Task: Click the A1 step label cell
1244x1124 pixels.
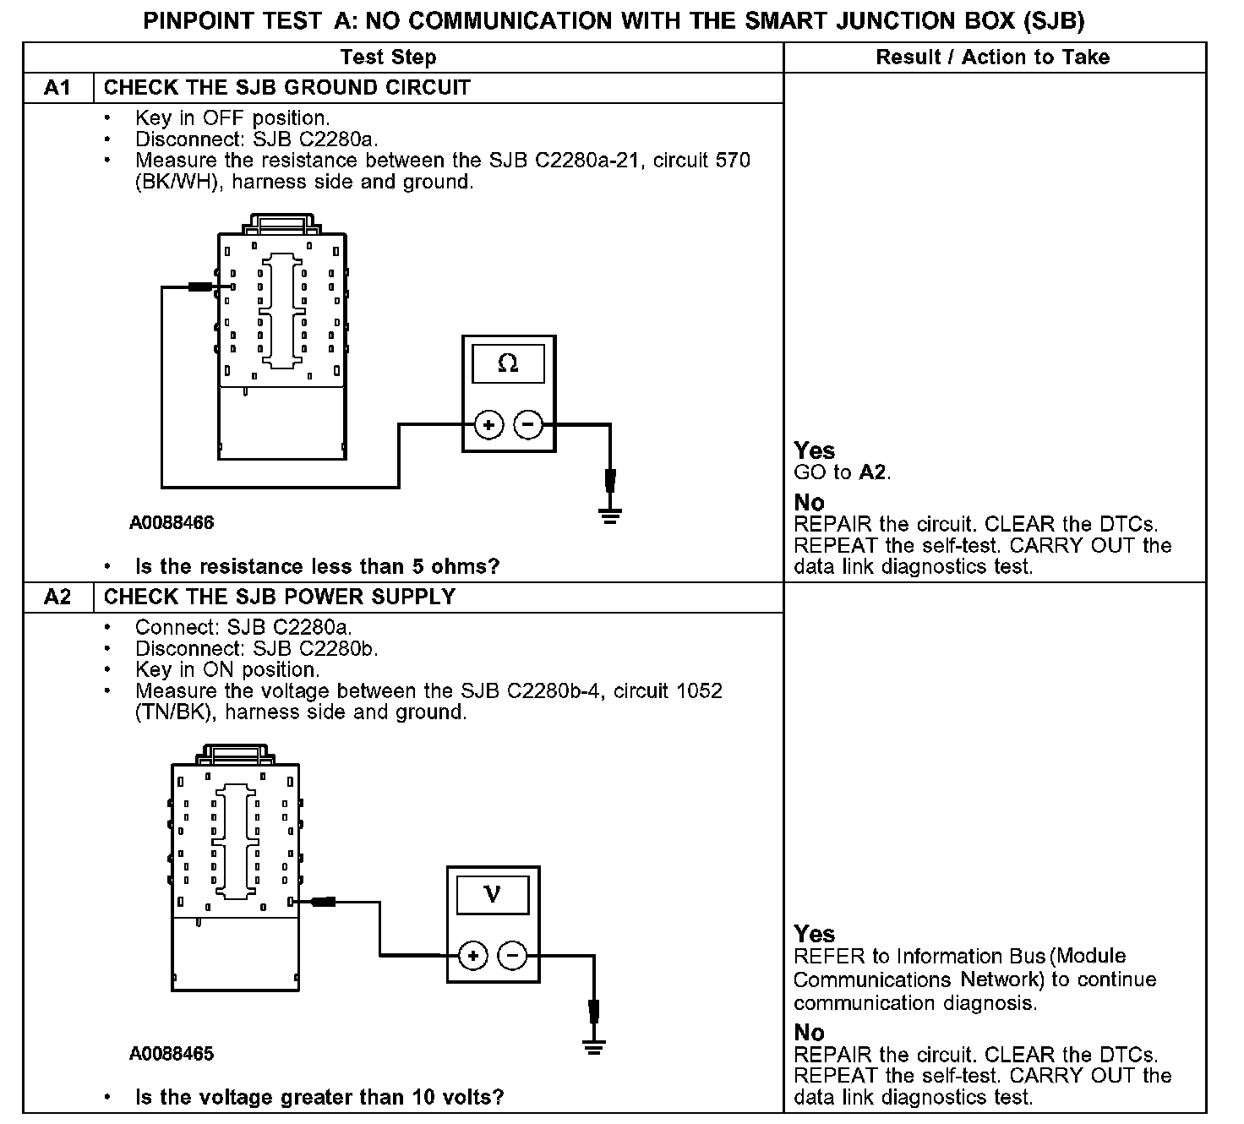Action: (57, 88)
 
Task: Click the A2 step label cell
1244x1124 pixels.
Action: (57, 597)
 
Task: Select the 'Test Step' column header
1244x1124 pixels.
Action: (388, 57)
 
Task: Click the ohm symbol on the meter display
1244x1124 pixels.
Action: (508, 363)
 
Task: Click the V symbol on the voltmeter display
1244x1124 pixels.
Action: (493, 894)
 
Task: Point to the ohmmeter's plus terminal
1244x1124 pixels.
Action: (488, 424)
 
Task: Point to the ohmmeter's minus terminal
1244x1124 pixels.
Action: (528, 424)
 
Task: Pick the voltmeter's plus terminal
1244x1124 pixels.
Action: (473, 956)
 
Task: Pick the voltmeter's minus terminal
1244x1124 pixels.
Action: (512, 956)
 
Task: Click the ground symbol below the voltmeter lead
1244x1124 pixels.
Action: (595, 1047)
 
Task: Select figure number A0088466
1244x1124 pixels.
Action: (172, 523)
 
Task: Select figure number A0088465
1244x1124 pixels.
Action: (172, 1054)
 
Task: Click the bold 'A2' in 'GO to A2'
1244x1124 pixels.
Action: (873, 472)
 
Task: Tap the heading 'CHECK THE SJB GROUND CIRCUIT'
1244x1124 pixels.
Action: (286, 88)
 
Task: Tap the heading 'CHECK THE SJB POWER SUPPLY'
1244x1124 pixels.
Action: (279, 597)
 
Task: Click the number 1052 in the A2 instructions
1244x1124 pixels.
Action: (699, 691)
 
